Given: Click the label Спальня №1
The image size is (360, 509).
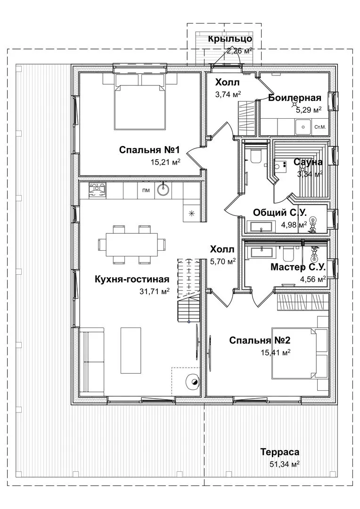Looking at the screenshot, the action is [149, 150].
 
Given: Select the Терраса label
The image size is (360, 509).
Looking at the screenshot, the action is [280, 452].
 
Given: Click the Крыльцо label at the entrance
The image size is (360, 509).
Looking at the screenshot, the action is [230, 39].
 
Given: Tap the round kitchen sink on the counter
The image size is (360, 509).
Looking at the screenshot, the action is [163, 189].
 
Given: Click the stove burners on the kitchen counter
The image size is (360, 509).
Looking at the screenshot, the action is [97, 190].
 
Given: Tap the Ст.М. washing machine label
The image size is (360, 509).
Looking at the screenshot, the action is [320, 127].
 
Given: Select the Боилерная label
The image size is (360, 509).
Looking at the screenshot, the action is [295, 98].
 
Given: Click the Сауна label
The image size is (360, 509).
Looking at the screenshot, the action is [308, 162].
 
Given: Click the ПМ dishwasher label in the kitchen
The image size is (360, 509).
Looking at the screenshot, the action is [146, 190].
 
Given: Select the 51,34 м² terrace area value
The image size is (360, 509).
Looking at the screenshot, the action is [284, 464].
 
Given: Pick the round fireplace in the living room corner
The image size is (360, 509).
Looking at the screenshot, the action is [193, 382].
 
